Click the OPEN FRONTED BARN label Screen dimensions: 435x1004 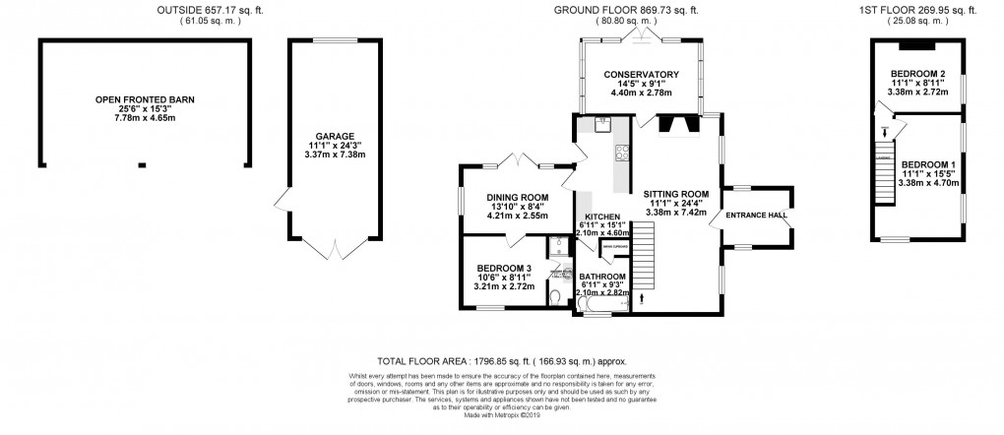tap(144, 99)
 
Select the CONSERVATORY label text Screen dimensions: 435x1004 tap(642, 75)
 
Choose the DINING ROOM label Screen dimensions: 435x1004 tap(517, 198)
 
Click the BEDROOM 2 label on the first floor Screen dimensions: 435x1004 tap(917, 74)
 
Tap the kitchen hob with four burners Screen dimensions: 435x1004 tap(622, 152)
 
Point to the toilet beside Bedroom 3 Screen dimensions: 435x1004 tap(556, 296)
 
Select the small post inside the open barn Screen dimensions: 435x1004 tap(144, 164)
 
